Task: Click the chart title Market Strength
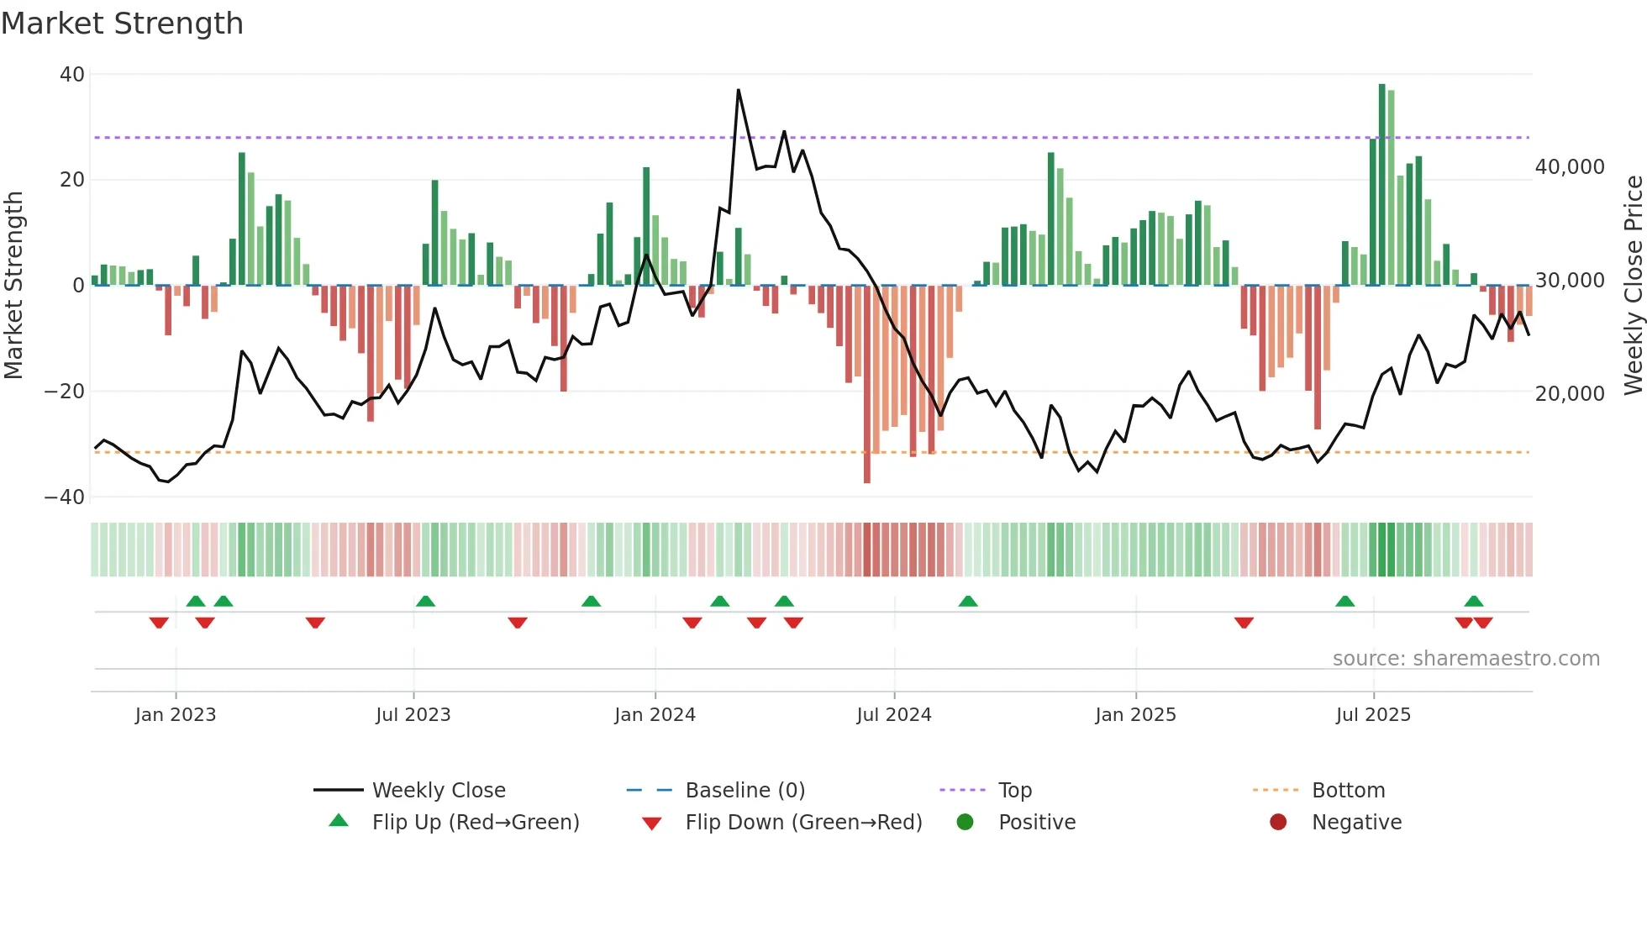(x=122, y=24)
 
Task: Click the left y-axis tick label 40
(x=71, y=75)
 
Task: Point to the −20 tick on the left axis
(x=65, y=392)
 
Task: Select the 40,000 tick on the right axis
(x=1569, y=167)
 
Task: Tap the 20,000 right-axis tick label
(x=1569, y=394)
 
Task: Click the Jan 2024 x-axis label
(x=655, y=715)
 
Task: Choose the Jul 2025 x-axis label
(x=1373, y=715)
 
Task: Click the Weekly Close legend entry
(x=438, y=791)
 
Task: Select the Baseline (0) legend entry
(x=745, y=791)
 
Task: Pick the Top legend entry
(x=1014, y=791)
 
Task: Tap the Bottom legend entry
(x=1348, y=791)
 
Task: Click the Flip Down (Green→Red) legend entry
(x=802, y=823)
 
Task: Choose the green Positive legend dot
(x=965, y=823)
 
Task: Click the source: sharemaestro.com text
(x=1465, y=659)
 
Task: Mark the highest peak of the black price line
(x=739, y=90)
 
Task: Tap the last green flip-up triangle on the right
(x=1473, y=602)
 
